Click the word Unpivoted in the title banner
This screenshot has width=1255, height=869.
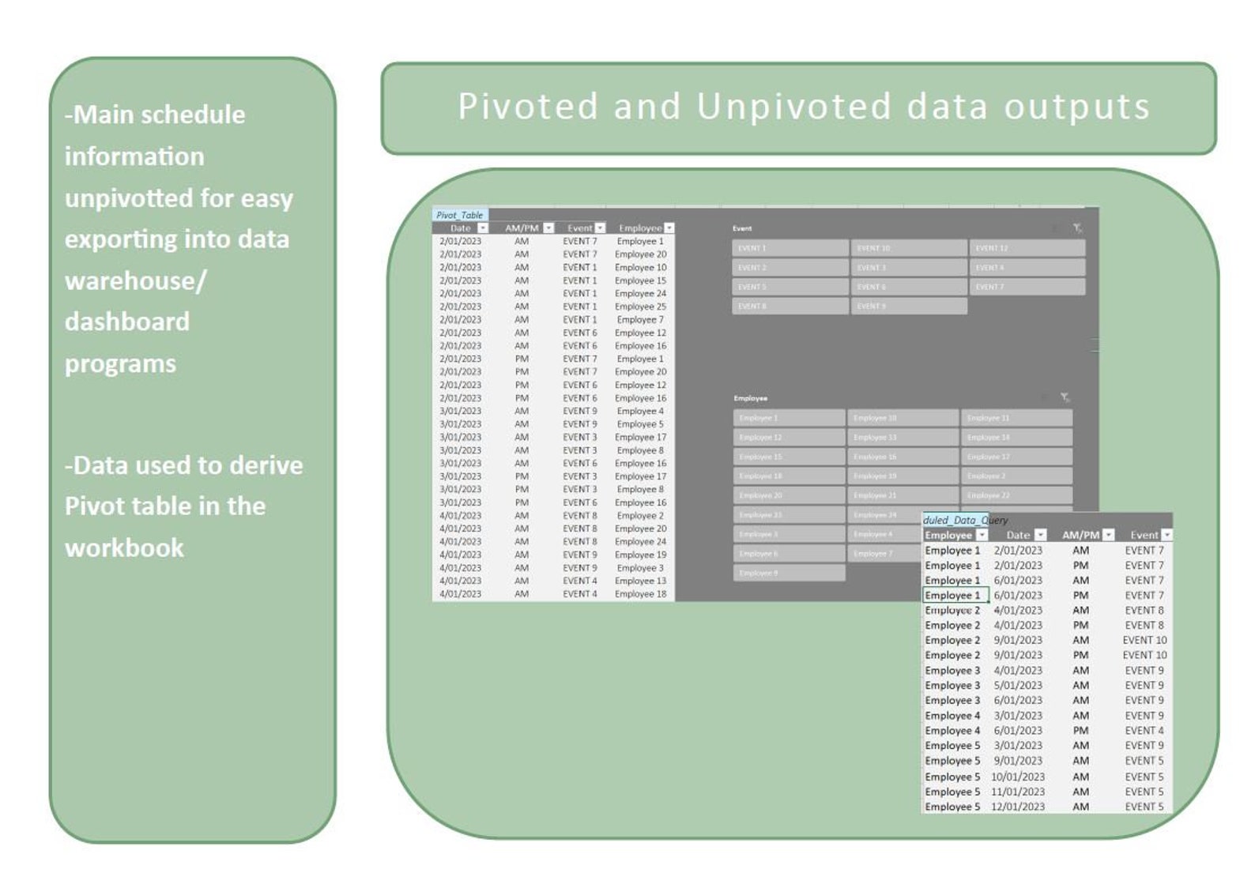tap(793, 107)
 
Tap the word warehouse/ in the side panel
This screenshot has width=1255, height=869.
tap(135, 280)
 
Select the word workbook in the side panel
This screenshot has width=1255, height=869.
tap(124, 547)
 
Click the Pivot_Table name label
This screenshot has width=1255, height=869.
tap(459, 215)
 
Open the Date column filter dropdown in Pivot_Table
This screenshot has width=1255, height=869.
tap(482, 228)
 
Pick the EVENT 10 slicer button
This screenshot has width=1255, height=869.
tap(909, 248)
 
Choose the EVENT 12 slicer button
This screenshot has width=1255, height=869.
tap(1027, 248)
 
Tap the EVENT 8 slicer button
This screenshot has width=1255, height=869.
tap(790, 306)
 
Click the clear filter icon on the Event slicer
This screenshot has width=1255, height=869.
tap(1076, 228)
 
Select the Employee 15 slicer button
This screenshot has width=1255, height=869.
tap(789, 457)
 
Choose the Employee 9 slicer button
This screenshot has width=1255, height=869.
tap(789, 573)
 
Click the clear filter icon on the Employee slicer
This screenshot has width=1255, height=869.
tap(1065, 397)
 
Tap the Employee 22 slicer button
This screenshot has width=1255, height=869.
tap(1016, 495)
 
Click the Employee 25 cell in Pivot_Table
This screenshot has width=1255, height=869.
tap(640, 307)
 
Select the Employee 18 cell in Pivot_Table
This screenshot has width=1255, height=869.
tap(640, 594)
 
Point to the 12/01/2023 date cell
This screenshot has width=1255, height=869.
tap(1018, 807)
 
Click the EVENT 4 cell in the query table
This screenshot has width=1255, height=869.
tap(1144, 731)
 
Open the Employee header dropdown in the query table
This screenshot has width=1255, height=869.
tap(982, 536)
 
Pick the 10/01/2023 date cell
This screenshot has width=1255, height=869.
tap(1018, 777)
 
